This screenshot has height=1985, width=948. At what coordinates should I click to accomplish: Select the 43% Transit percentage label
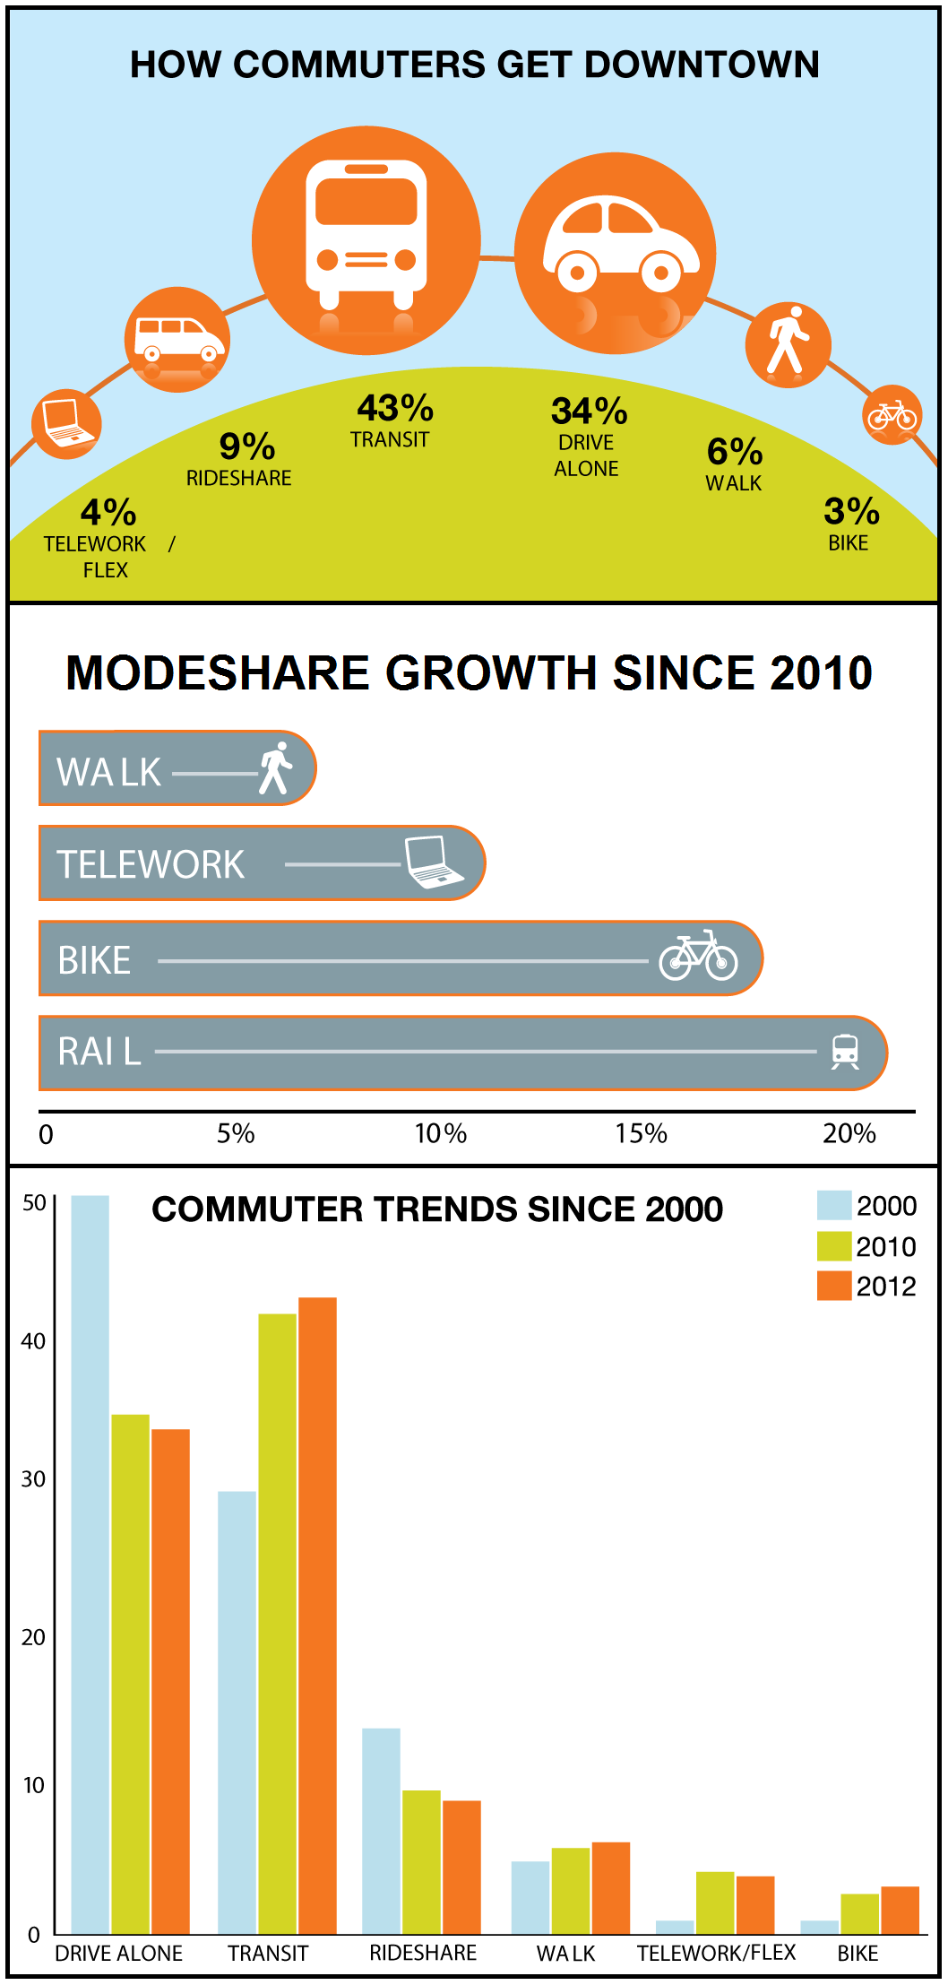point(394,409)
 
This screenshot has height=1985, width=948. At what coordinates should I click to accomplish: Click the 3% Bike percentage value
point(851,511)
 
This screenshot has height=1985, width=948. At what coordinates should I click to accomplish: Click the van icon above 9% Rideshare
point(177,340)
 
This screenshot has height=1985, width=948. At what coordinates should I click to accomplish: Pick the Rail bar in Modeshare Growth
point(461,1053)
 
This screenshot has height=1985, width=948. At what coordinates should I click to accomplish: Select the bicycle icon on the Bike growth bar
point(698,957)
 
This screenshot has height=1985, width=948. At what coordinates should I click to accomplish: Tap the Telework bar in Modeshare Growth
point(260,863)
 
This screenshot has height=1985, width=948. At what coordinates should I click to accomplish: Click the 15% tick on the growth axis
point(641,1133)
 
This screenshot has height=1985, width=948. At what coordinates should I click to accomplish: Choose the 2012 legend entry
point(867,1286)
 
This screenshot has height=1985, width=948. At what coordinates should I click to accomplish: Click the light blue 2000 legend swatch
point(833,1205)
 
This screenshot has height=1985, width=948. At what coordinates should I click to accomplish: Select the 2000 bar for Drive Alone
point(90,1564)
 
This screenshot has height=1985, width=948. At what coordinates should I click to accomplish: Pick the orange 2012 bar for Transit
point(317,1614)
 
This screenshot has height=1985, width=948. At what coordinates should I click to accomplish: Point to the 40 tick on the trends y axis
point(33,1341)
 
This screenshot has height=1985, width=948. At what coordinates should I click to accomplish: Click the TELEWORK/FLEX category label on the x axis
point(716,1953)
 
